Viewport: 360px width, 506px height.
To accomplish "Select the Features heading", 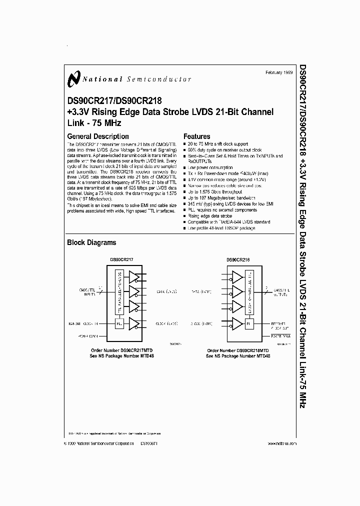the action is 197,136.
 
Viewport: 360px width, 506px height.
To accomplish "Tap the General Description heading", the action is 98,136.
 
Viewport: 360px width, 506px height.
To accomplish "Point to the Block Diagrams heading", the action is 91,242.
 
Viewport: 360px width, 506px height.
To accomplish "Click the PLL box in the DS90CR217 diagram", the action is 119,323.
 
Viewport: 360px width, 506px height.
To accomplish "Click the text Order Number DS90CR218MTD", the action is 238,350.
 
